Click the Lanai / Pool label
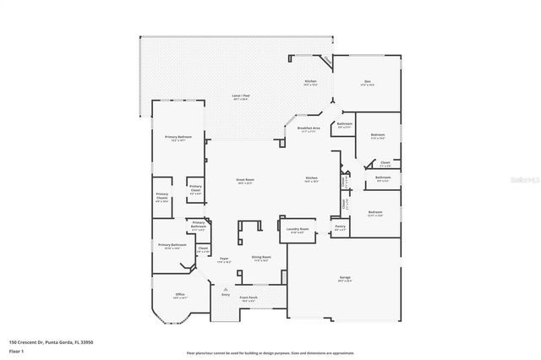click(x=241, y=96)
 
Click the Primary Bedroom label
click(x=178, y=137)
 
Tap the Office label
click(x=179, y=294)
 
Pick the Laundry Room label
click(x=297, y=229)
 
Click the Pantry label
click(x=340, y=226)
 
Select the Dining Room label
click(x=261, y=257)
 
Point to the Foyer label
click(x=224, y=259)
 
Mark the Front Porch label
click(x=249, y=298)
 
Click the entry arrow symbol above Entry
click(x=226, y=288)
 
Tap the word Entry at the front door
click(x=226, y=294)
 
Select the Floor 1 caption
click(x=17, y=350)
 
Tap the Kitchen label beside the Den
click(x=310, y=81)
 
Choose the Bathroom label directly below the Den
click(x=345, y=124)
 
